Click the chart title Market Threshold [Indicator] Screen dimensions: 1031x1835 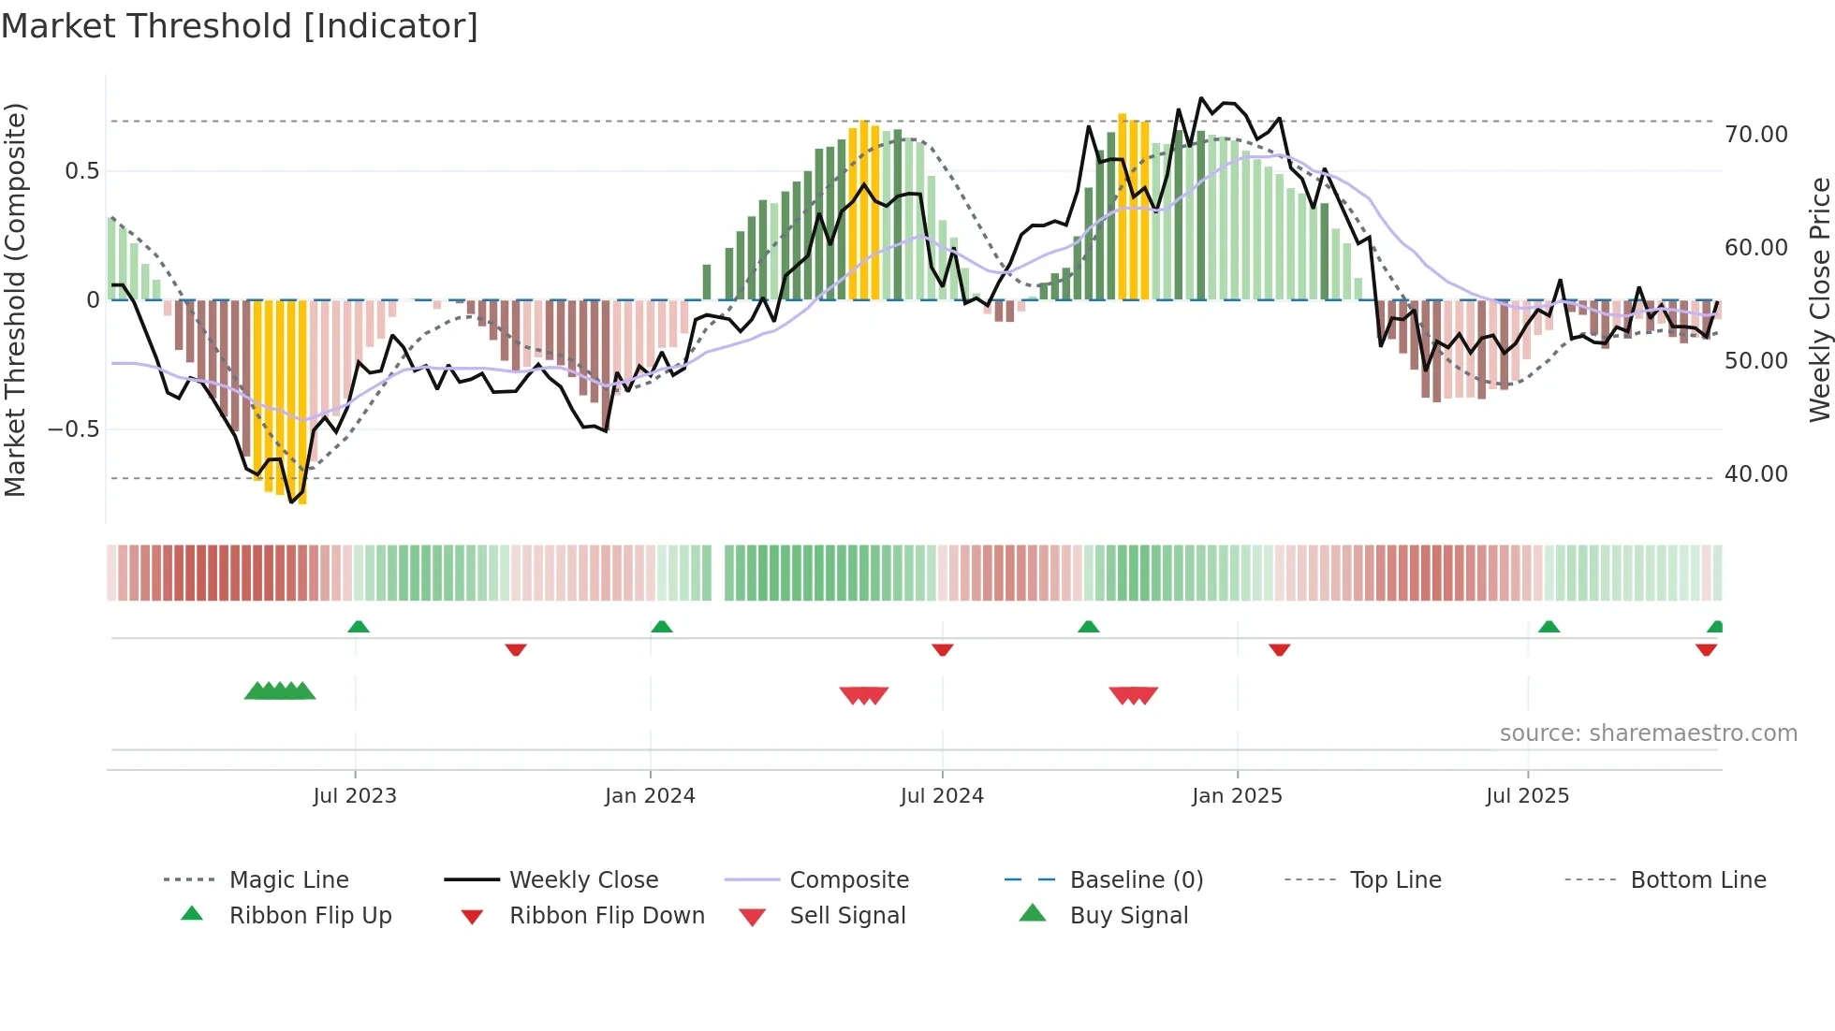coord(240,26)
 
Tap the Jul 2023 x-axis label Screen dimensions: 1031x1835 coord(355,796)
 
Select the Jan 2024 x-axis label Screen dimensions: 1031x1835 coord(650,796)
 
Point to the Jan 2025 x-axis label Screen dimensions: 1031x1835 coord(1237,796)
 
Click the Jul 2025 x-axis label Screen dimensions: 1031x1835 coord(1527,796)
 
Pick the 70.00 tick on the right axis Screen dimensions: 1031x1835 coord(1756,135)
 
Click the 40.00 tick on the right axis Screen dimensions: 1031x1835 coord(1756,474)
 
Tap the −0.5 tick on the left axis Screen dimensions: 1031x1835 coord(73,429)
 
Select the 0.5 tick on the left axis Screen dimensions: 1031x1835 coord(81,171)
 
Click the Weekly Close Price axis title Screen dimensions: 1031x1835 coord(1819,299)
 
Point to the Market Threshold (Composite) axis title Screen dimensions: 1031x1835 coord(15,299)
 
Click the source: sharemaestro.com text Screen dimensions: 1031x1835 coord(1648,733)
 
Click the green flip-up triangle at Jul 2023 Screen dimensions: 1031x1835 coord(359,627)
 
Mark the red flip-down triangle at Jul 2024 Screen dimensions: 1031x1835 coord(943,649)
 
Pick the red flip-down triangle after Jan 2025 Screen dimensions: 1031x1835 coord(1280,649)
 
